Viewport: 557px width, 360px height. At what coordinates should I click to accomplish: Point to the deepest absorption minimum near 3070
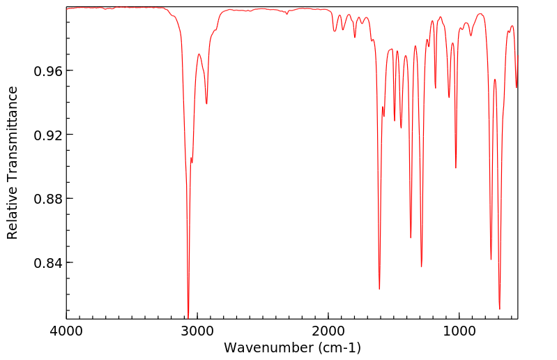188,316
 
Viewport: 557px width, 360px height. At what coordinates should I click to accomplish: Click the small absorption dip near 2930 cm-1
206,104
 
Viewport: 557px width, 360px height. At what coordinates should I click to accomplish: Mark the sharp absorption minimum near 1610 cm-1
379,289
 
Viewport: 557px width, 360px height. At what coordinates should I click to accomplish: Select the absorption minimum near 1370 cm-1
411,238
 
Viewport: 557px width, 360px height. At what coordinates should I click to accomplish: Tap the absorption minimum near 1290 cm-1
421,267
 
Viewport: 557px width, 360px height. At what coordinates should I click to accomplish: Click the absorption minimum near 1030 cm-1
456,167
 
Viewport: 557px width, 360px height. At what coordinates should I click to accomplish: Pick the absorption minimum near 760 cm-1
491,260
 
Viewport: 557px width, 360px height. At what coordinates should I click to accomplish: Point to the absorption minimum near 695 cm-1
499,308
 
